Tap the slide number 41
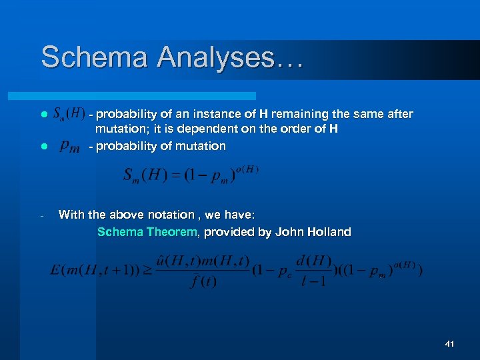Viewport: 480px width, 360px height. [449, 344]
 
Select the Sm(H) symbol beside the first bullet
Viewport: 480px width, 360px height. [68, 114]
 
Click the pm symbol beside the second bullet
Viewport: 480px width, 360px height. [70, 146]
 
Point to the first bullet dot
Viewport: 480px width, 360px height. [43, 115]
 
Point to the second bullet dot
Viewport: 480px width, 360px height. [43, 146]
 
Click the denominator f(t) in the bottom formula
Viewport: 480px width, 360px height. [202, 281]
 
